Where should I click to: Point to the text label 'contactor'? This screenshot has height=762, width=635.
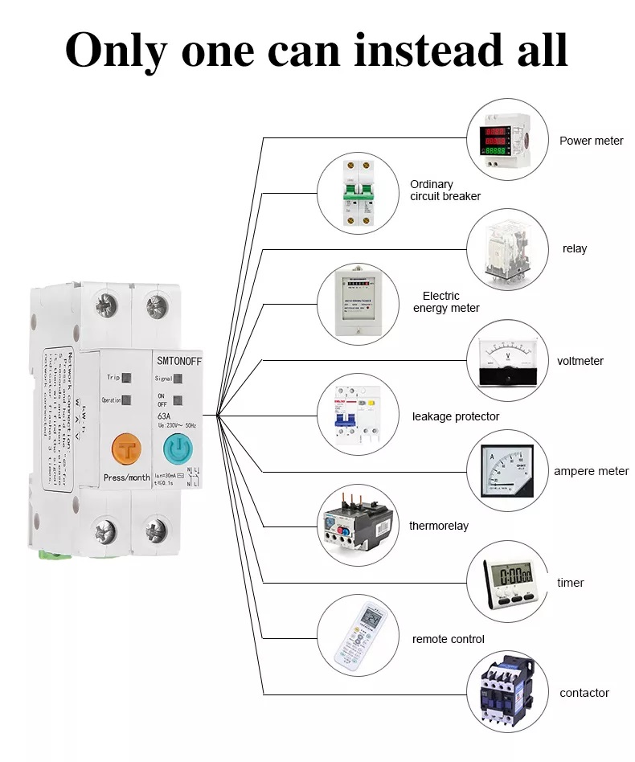(x=584, y=693)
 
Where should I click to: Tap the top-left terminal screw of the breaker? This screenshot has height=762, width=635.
(x=105, y=306)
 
